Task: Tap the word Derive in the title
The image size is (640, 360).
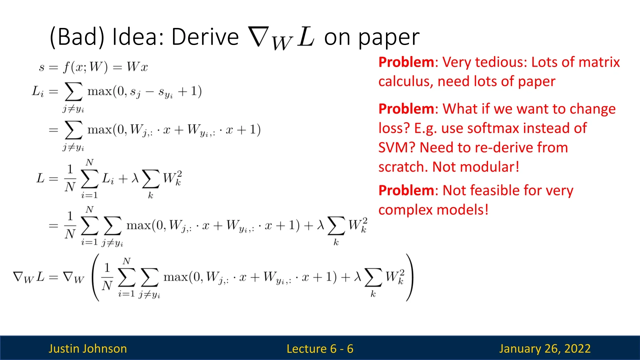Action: click(x=205, y=37)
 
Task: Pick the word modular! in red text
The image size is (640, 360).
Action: click(x=492, y=167)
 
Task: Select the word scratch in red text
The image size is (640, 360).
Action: click(x=403, y=167)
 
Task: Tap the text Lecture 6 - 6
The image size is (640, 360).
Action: click(x=320, y=349)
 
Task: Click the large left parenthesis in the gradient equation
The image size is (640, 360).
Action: click(x=96, y=277)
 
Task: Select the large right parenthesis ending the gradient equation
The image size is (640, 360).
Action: click(x=409, y=277)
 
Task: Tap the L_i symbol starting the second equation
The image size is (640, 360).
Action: click(x=38, y=91)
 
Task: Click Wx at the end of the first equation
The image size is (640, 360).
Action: click(x=137, y=67)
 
